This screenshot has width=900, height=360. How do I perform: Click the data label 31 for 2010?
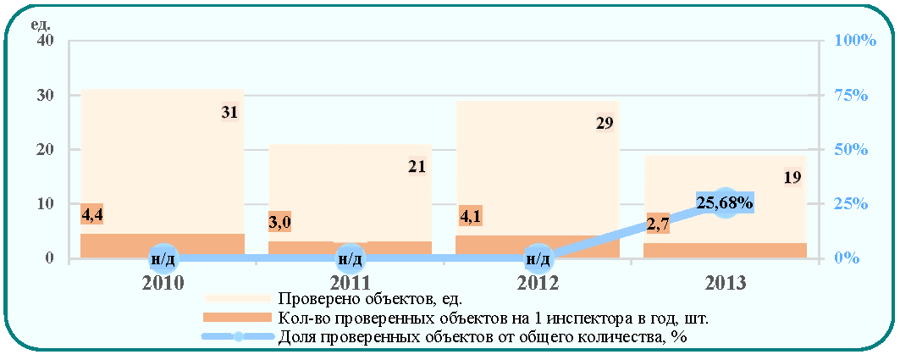click(x=229, y=113)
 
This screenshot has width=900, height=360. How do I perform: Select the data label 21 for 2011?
click(x=417, y=167)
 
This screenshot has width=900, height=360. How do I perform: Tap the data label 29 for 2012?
click(x=605, y=123)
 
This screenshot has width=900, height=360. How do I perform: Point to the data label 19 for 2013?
click(x=792, y=177)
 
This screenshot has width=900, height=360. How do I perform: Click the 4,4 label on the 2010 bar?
click(x=91, y=215)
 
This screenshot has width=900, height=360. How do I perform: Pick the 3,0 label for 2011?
click(x=280, y=222)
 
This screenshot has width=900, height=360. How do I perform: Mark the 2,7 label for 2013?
click(x=657, y=224)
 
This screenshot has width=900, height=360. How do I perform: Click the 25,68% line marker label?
click(x=725, y=202)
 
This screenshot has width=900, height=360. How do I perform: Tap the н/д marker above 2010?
click(x=163, y=259)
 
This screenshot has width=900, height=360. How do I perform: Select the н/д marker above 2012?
click(x=539, y=259)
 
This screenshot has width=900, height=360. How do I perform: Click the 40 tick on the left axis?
click(x=46, y=41)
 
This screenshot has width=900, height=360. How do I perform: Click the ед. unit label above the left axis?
click(x=43, y=25)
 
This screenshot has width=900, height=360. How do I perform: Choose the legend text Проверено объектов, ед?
click(x=369, y=298)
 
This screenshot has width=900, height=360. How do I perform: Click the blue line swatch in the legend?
click(x=238, y=337)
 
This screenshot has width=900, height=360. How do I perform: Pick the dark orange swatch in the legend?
click(x=238, y=318)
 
